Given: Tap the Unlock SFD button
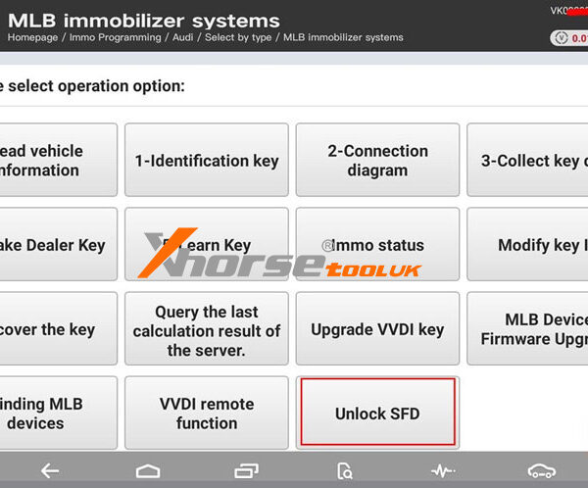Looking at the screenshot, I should point(377,413).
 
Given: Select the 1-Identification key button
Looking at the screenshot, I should point(206,161).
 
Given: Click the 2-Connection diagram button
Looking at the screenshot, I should point(377,161).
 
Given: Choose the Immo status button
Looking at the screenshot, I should point(377,245).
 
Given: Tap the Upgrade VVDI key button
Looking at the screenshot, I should point(377,329).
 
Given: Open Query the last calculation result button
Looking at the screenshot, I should point(206,329).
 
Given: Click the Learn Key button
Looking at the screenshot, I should point(206,245).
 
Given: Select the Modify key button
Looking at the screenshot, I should point(529,245).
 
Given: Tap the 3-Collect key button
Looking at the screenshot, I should point(529,161).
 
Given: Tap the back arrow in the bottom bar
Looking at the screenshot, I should point(49,471).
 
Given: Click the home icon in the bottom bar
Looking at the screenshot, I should point(147,471).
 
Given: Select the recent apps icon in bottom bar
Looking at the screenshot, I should point(247,471).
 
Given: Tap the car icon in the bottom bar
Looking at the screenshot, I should point(541,471).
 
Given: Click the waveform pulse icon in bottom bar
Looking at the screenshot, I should point(443,471).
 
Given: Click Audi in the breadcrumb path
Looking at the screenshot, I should point(184,37).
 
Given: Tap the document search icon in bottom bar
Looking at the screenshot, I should point(345,471).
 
